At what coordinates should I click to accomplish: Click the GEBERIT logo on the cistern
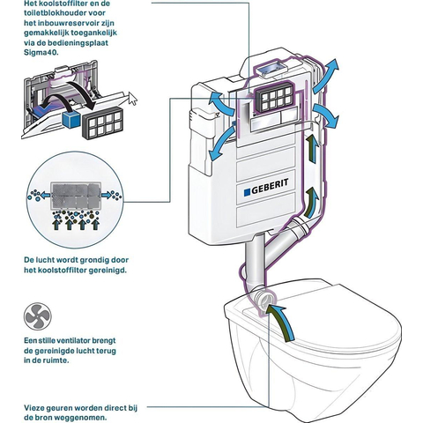click(266, 187)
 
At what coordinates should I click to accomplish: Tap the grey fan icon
click(38, 316)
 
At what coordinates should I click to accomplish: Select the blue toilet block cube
click(71, 118)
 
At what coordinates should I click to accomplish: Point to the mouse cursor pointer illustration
click(133, 98)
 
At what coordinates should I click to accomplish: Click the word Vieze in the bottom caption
click(34, 408)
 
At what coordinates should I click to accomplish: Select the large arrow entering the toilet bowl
click(280, 323)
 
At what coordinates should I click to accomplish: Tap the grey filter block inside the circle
click(76, 195)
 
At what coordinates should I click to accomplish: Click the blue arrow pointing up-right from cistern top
click(325, 76)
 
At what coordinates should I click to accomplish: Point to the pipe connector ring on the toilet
click(265, 301)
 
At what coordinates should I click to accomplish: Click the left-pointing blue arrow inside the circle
click(45, 195)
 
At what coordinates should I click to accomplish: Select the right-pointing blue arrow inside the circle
click(107, 195)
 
